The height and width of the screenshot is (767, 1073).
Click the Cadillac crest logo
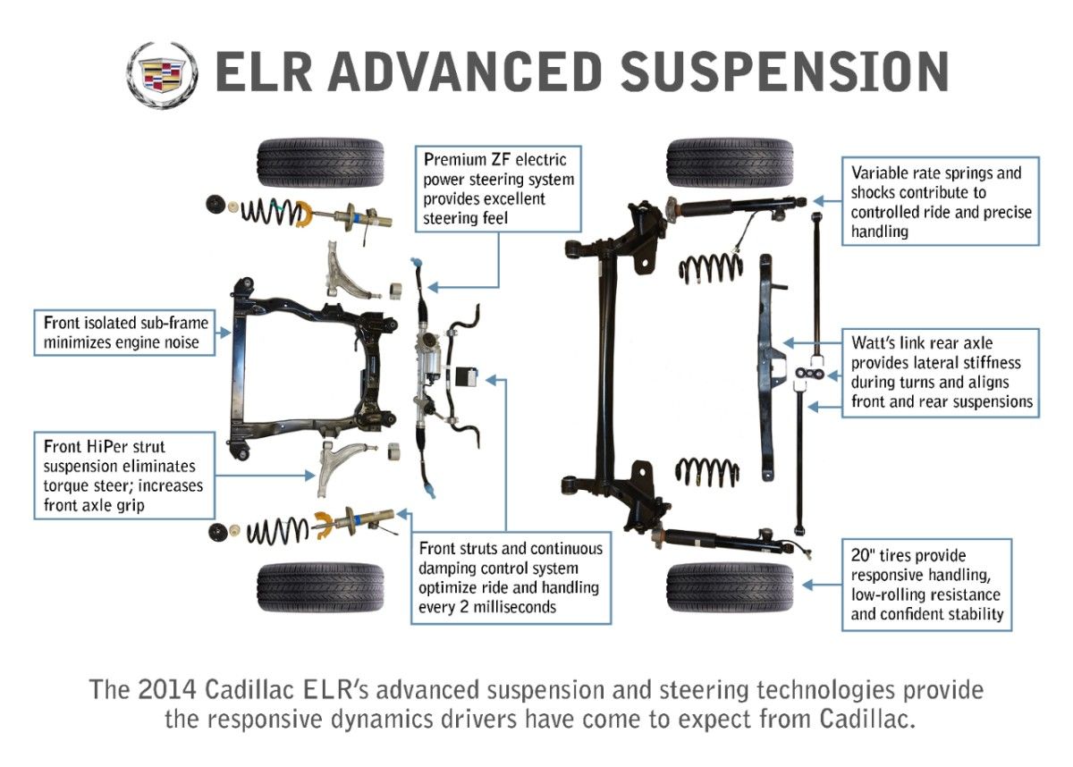(162, 75)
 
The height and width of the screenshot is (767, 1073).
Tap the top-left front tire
(320, 163)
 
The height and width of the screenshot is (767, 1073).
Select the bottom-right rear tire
(730, 587)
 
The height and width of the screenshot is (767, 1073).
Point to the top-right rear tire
(730, 163)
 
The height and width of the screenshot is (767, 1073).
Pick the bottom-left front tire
(320, 587)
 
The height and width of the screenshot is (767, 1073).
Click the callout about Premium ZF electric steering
(499, 189)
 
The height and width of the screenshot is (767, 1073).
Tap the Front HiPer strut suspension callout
(124, 475)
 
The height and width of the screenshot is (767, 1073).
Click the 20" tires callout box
(926, 585)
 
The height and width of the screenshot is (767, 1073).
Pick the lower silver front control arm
(345, 460)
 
